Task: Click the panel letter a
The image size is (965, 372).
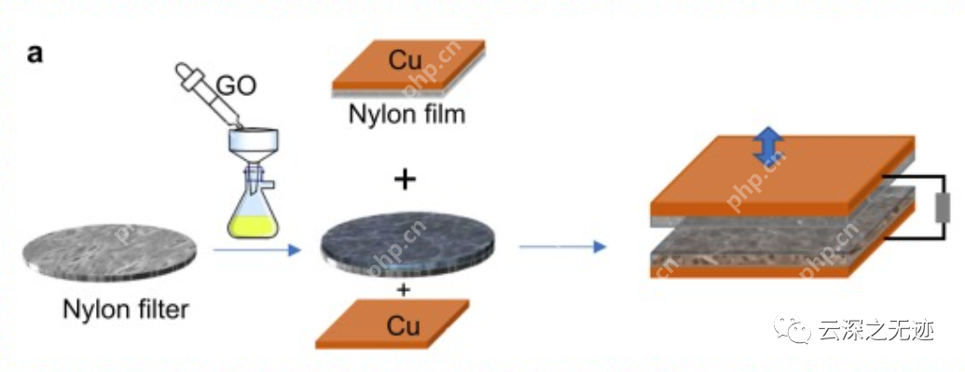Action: tap(35, 54)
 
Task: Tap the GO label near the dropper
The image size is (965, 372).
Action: tap(236, 86)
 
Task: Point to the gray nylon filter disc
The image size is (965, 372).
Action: tap(109, 253)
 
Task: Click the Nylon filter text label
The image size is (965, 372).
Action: tap(126, 310)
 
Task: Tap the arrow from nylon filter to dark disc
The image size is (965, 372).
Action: tap(256, 250)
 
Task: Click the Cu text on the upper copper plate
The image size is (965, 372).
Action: tap(406, 60)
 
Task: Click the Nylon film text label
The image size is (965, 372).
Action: tap(407, 114)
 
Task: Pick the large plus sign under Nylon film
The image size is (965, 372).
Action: tap(405, 180)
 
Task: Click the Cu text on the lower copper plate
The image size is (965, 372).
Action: tap(403, 325)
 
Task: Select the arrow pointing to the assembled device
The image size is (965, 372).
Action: tap(562, 247)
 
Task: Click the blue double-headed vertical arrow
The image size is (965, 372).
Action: tap(769, 146)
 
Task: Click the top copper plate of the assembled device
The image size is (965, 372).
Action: tap(782, 175)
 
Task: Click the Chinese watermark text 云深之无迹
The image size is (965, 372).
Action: tap(875, 331)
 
